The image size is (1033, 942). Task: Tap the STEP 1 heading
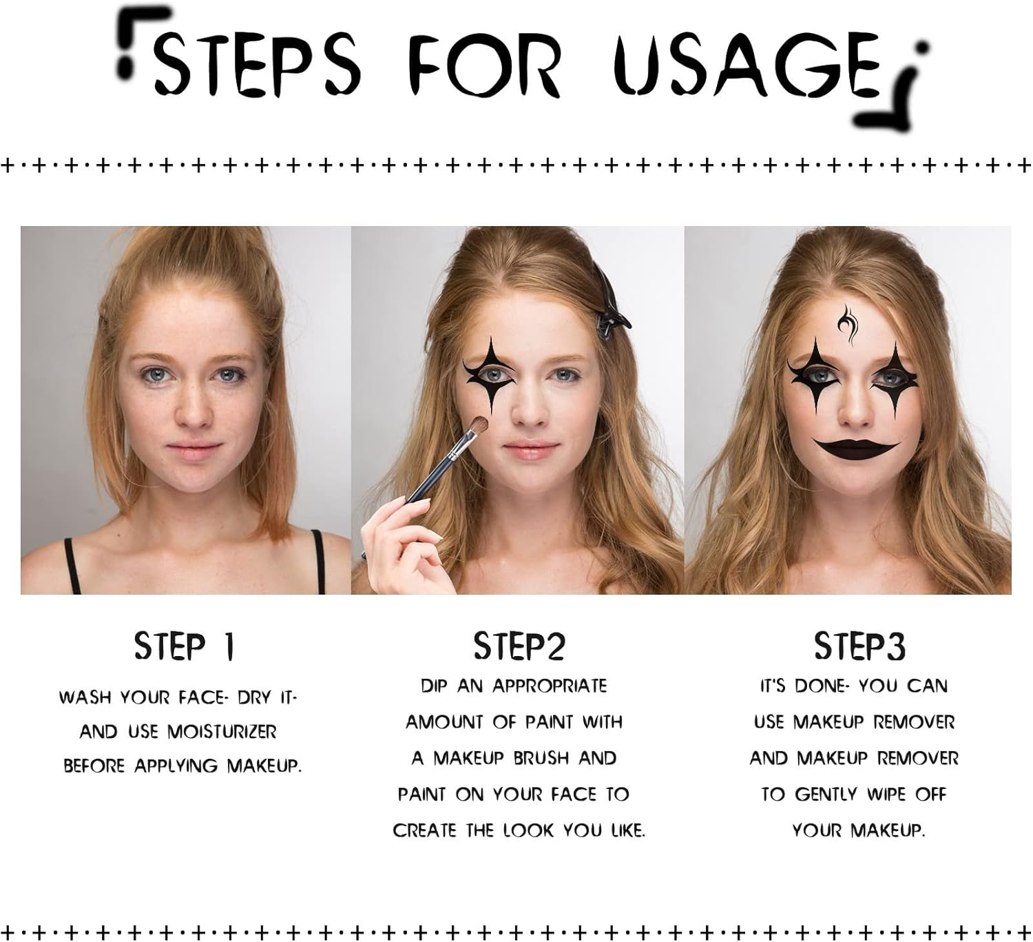click(x=184, y=646)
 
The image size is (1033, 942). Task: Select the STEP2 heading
click(x=519, y=646)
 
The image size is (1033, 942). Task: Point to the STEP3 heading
click(x=859, y=646)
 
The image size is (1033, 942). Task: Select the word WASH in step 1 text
click(x=84, y=697)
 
